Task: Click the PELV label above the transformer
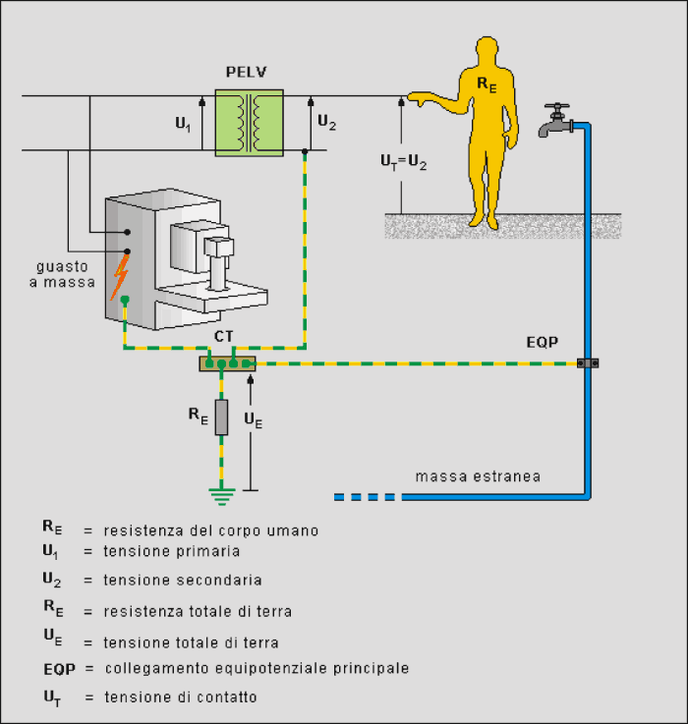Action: click(x=247, y=72)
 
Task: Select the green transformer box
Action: click(x=249, y=123)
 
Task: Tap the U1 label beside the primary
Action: click(x=183, y=124)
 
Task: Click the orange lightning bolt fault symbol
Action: click(x=119, y=277)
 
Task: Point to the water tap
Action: click(x=556, y=120)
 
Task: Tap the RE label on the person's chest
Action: click(x=487, y=84)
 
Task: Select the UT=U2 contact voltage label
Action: click(x=403, y=162)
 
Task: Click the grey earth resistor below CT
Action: click(x=221, y=418)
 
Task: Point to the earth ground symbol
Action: click(x=222, y=496)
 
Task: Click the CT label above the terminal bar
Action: click(x=224, y=337)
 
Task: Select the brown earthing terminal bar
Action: click(x=227, y=363)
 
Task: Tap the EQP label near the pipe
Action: click(x=543, y=342)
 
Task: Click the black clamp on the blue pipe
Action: click(x=588, y=363)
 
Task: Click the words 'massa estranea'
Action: click(x=478, y=476)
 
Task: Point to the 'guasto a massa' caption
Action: click(x=62, y=274)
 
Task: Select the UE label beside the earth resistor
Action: click(x=254, y=419)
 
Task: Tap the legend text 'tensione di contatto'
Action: click(x=181, y=697)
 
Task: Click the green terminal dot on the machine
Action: click(x=124, y=301)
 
